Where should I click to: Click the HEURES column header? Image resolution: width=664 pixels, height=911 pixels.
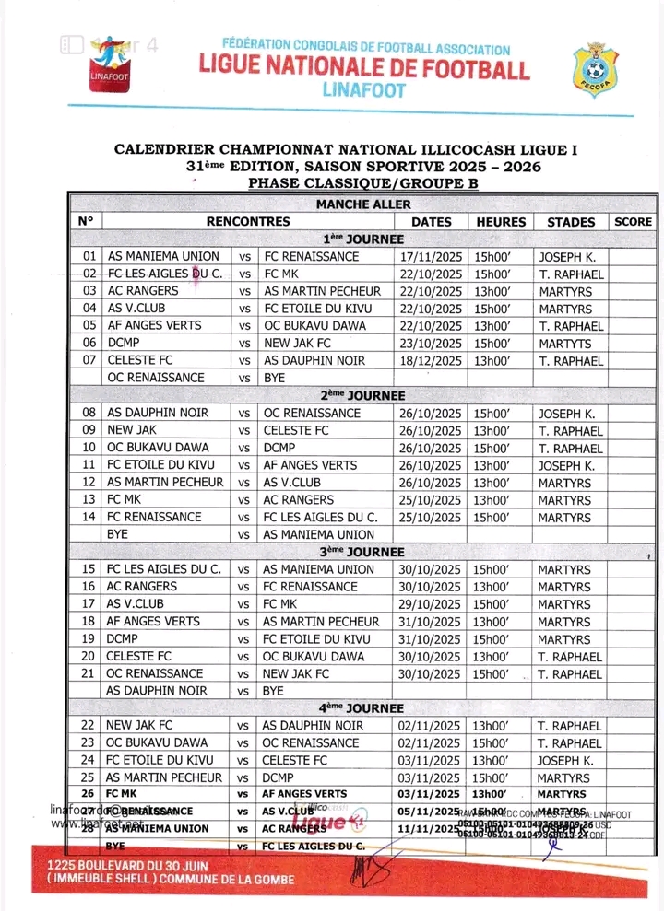tap(501, 222)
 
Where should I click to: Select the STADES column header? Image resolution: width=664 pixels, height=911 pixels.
tap(571, 222)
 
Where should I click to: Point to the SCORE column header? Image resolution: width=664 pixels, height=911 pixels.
tap(633, 222)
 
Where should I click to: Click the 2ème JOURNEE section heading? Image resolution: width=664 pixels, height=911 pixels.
tap(363, 395)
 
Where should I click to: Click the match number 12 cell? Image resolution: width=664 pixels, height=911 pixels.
tap(89, 482)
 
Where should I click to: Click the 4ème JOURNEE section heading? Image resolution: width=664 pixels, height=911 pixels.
tap(363, 708)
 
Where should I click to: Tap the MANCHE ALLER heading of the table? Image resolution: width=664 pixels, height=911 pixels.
tap(363, 204)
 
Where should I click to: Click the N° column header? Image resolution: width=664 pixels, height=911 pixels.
tap(87, 222)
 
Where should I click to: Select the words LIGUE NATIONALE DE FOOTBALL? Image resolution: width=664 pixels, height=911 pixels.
tap(364, 69)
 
